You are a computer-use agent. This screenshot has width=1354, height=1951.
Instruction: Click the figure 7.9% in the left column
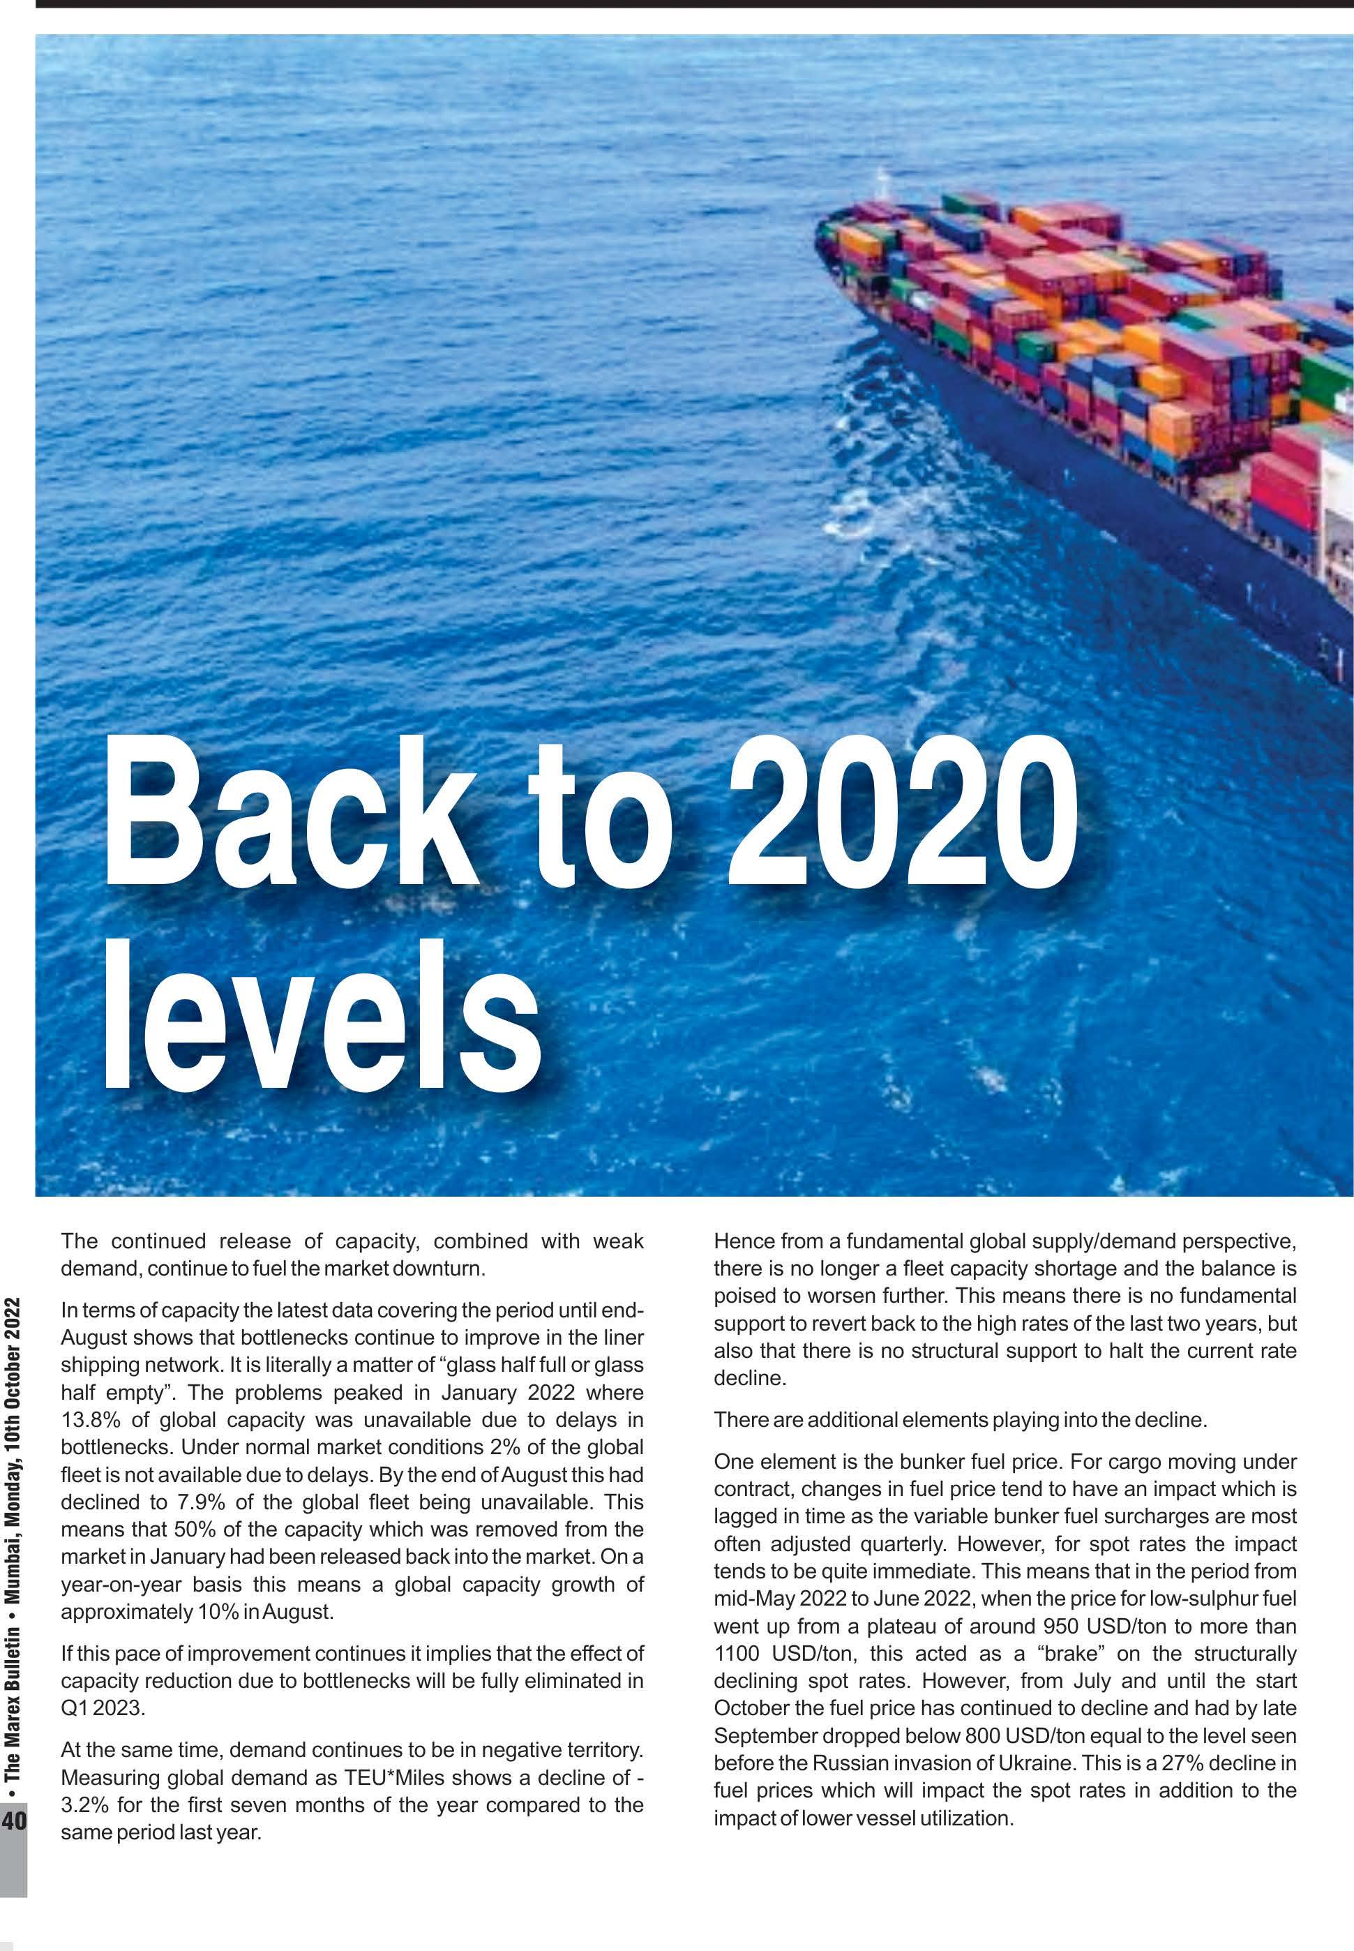point(200,1502)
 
